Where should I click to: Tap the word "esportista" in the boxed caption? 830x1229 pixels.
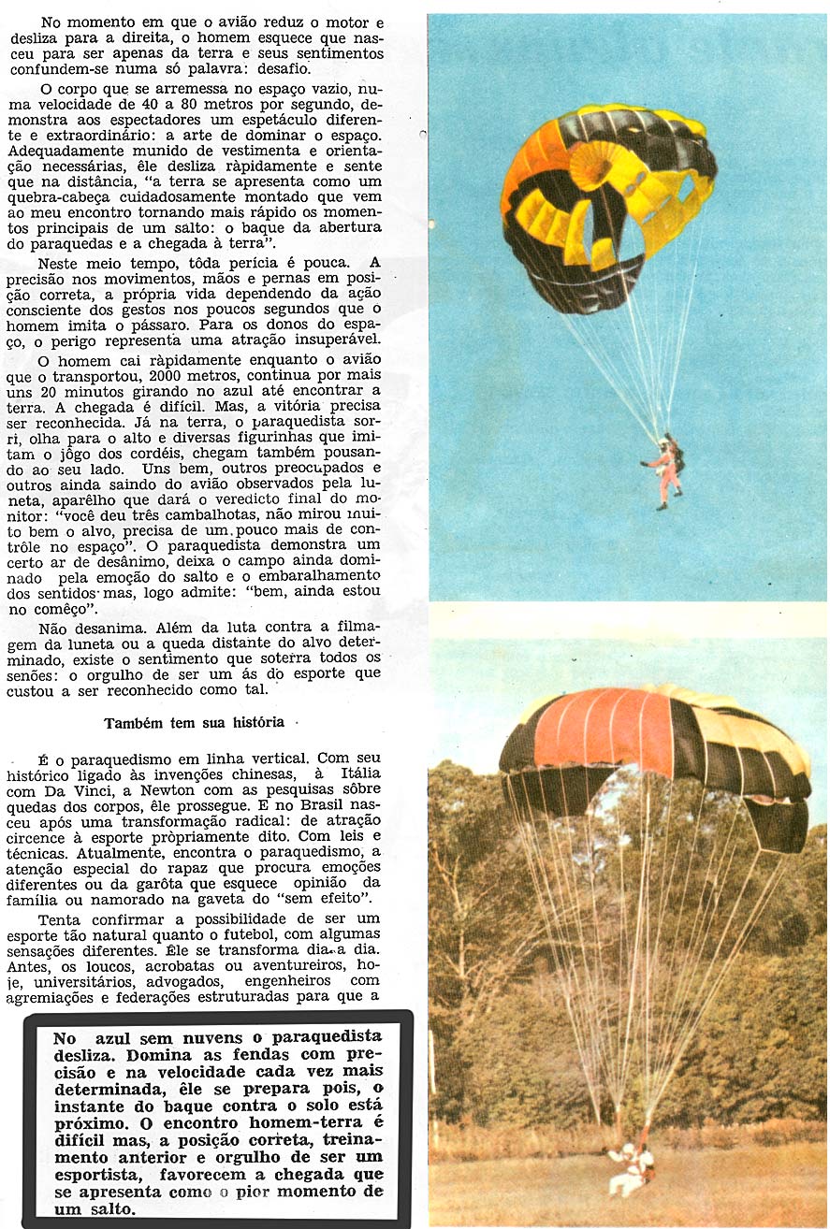coord(99,1175)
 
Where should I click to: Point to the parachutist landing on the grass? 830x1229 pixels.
coord(630,1170)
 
